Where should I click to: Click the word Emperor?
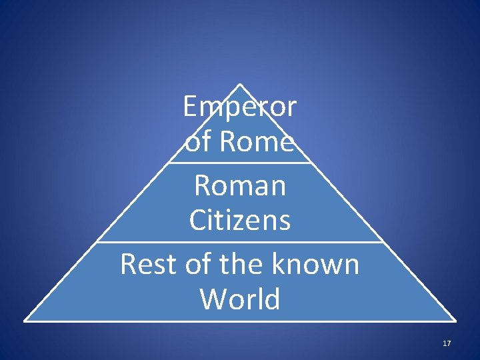(x=240, y=107)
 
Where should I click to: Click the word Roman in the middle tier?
(x=240, y=185)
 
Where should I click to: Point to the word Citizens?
(x=240, y=220)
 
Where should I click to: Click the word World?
(x=240, y=299)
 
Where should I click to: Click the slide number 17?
(x=447, y=343)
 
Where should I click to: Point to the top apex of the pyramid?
(x=240, y=84)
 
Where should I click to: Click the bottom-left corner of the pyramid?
(x=25, y=321)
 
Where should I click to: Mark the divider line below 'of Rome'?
(x=240, y=162)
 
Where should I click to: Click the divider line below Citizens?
(x=240, y=242)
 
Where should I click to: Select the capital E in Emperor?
(x=191, y=107)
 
